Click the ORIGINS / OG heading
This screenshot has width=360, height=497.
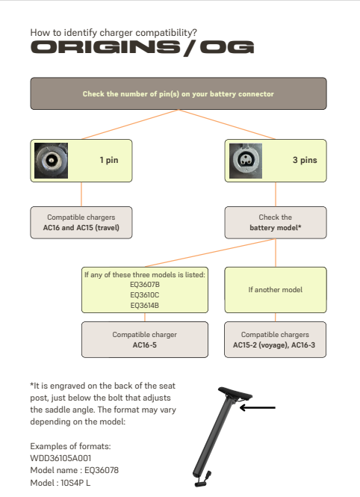(x=142, y=48)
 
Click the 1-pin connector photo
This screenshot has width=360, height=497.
(x=51, y=161)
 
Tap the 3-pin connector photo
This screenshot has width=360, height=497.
(x=246, y=161)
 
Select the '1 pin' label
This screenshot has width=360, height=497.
(x=109, y=160)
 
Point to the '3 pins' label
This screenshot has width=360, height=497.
(x=305, y=160)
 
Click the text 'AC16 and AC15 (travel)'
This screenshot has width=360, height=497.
(x=81, y=228)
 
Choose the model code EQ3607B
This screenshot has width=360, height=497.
(x=145, y=284)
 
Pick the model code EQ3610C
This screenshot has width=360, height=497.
(x=145, y=294)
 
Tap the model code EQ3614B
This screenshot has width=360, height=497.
(x=145, y=305)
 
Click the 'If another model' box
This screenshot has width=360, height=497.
(x=276, y=290)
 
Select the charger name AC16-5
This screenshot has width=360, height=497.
(x=145, y=345)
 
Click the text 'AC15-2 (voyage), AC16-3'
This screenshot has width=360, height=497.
(x=274, y=345)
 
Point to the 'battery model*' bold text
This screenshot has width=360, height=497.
(x=276, y=228)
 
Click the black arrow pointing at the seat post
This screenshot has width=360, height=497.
(x=258, y=407)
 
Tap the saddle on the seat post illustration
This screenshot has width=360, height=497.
(x=235, y=394)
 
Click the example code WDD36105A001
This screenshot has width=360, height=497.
(x=60, y=458)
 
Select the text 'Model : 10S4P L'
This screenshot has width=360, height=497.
(x=60, y=483)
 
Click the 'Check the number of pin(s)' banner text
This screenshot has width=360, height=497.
(x=179, y=94)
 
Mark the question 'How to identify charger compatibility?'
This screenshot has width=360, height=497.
(x=114, y=32)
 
